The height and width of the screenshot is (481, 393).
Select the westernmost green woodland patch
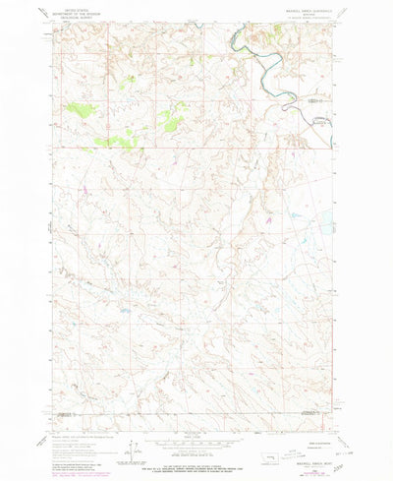tap(79, 109)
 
